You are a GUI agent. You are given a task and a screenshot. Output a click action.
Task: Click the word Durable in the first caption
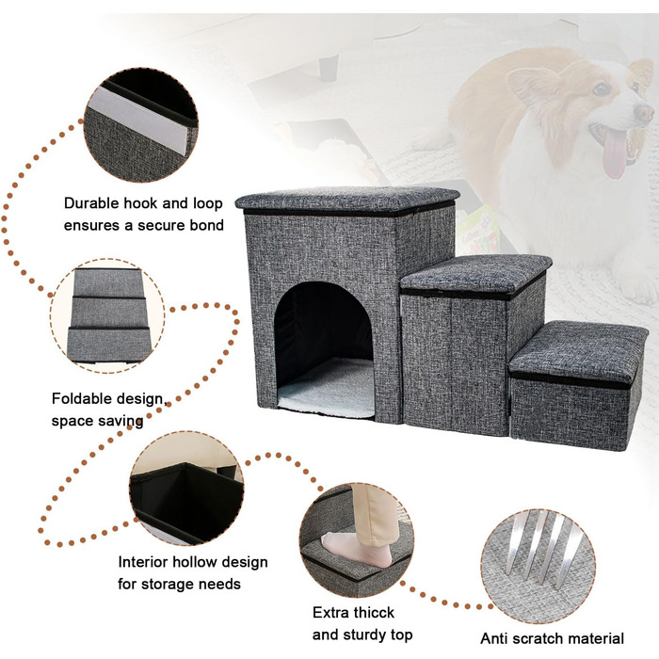coord(91,203)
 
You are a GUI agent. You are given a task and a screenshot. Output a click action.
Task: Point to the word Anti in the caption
coord(494,638)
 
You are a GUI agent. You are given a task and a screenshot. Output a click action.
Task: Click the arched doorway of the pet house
coord(324,349)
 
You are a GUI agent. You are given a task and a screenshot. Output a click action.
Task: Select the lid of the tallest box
coord(347,199)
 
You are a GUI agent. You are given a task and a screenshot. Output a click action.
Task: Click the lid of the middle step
coord(475,274)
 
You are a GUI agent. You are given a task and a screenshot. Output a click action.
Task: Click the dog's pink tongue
coord(615,153)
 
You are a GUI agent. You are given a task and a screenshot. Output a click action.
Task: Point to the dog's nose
coord(644,113)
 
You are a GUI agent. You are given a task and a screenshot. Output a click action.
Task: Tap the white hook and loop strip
coord(138,119)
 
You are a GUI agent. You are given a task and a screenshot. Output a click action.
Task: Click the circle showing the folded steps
coord(108,316)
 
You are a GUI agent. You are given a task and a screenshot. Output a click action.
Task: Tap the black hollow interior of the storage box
coord(188,500)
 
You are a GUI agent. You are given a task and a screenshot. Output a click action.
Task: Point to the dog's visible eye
coord(602,88)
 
